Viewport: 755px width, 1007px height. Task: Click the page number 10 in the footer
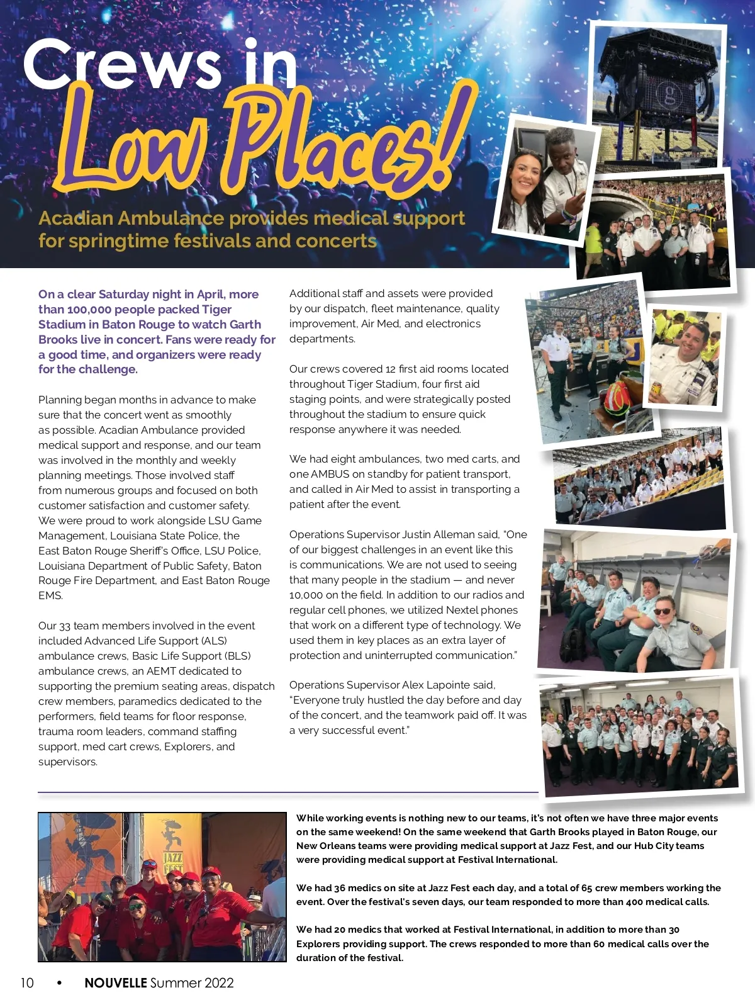point(27,982)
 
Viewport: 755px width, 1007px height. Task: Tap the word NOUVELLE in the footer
point(116,982)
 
